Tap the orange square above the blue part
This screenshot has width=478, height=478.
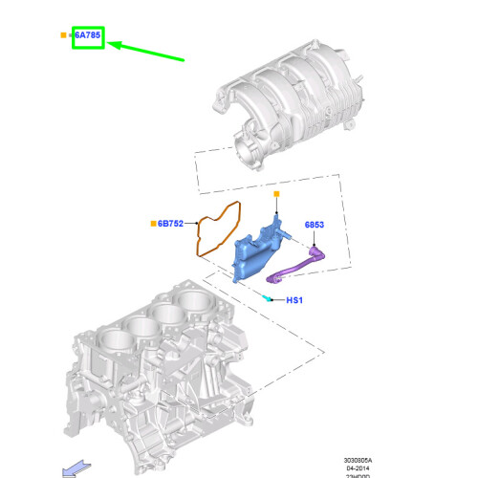click(x=275, y=193)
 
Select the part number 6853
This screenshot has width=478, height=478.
click(x=315, y=226)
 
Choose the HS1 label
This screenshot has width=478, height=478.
click(x=294, y=300)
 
